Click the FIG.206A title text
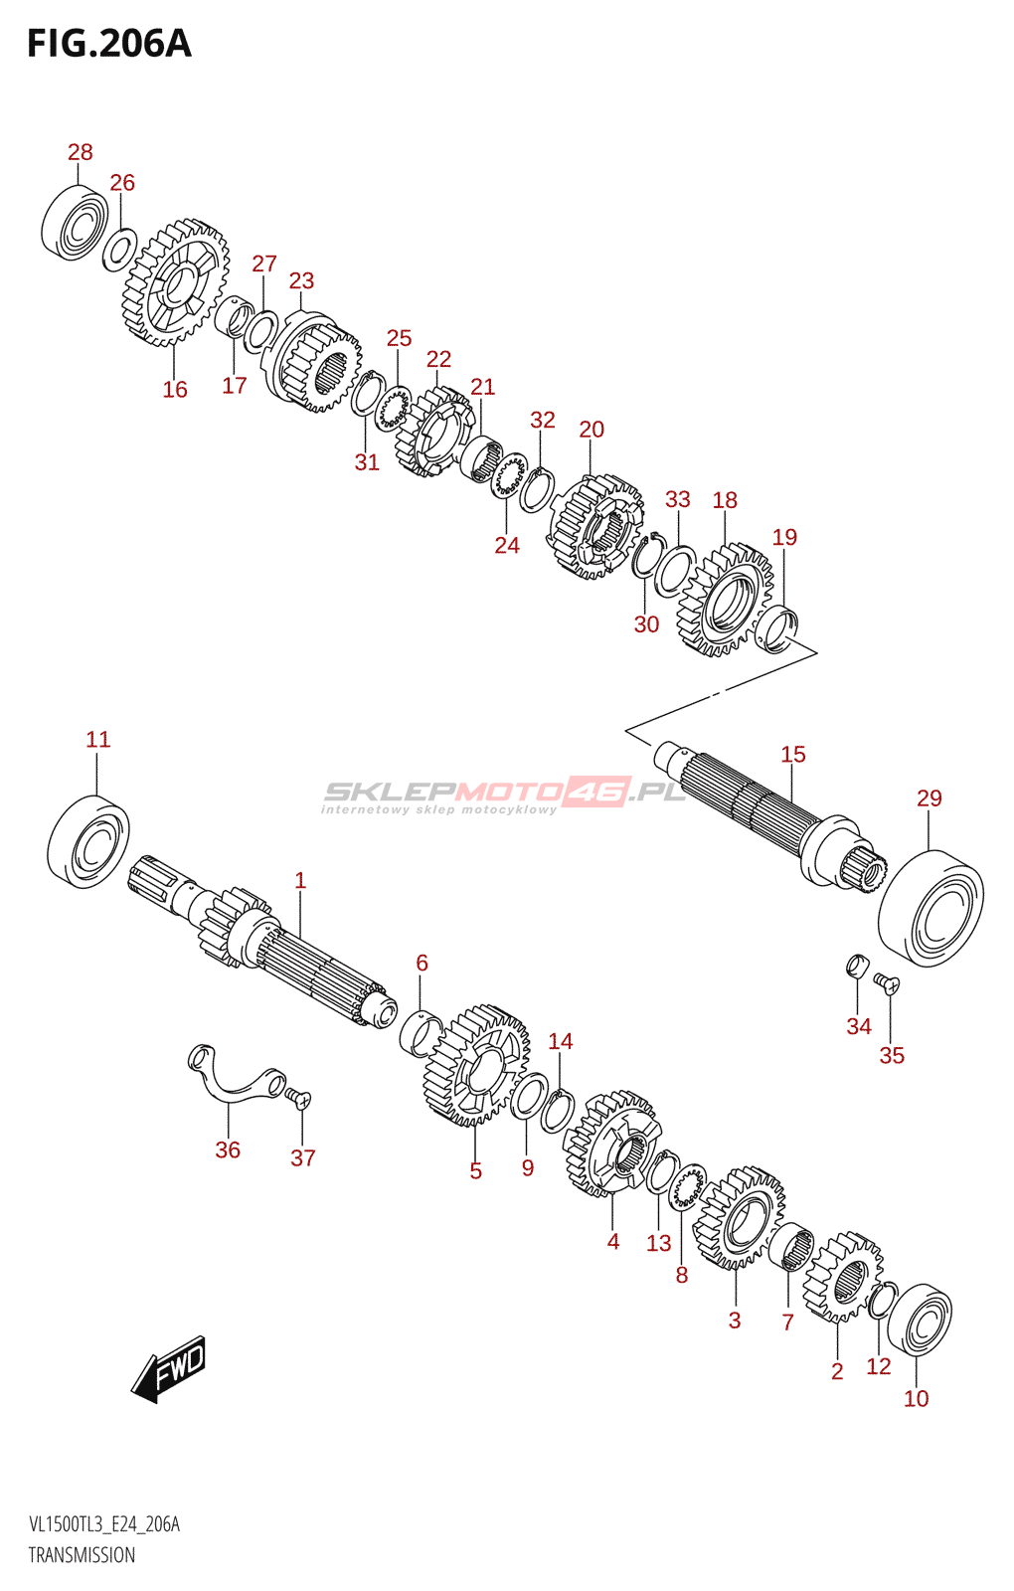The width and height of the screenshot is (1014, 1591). [109, 44]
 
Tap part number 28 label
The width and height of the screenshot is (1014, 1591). [81, 152]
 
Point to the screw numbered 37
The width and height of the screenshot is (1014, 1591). [298, 1098]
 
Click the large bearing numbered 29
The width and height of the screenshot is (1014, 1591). [930, 908]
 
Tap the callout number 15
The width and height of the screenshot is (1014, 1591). [793, 755]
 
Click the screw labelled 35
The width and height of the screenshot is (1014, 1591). [887, 984]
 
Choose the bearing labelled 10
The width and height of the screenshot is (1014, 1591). [919, 1320]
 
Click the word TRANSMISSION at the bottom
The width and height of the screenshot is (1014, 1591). [82, 1555]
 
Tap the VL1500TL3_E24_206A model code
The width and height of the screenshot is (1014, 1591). [104, 1524]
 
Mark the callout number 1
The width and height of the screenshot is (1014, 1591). [300, 880]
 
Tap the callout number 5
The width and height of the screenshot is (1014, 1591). [476, 1171]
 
